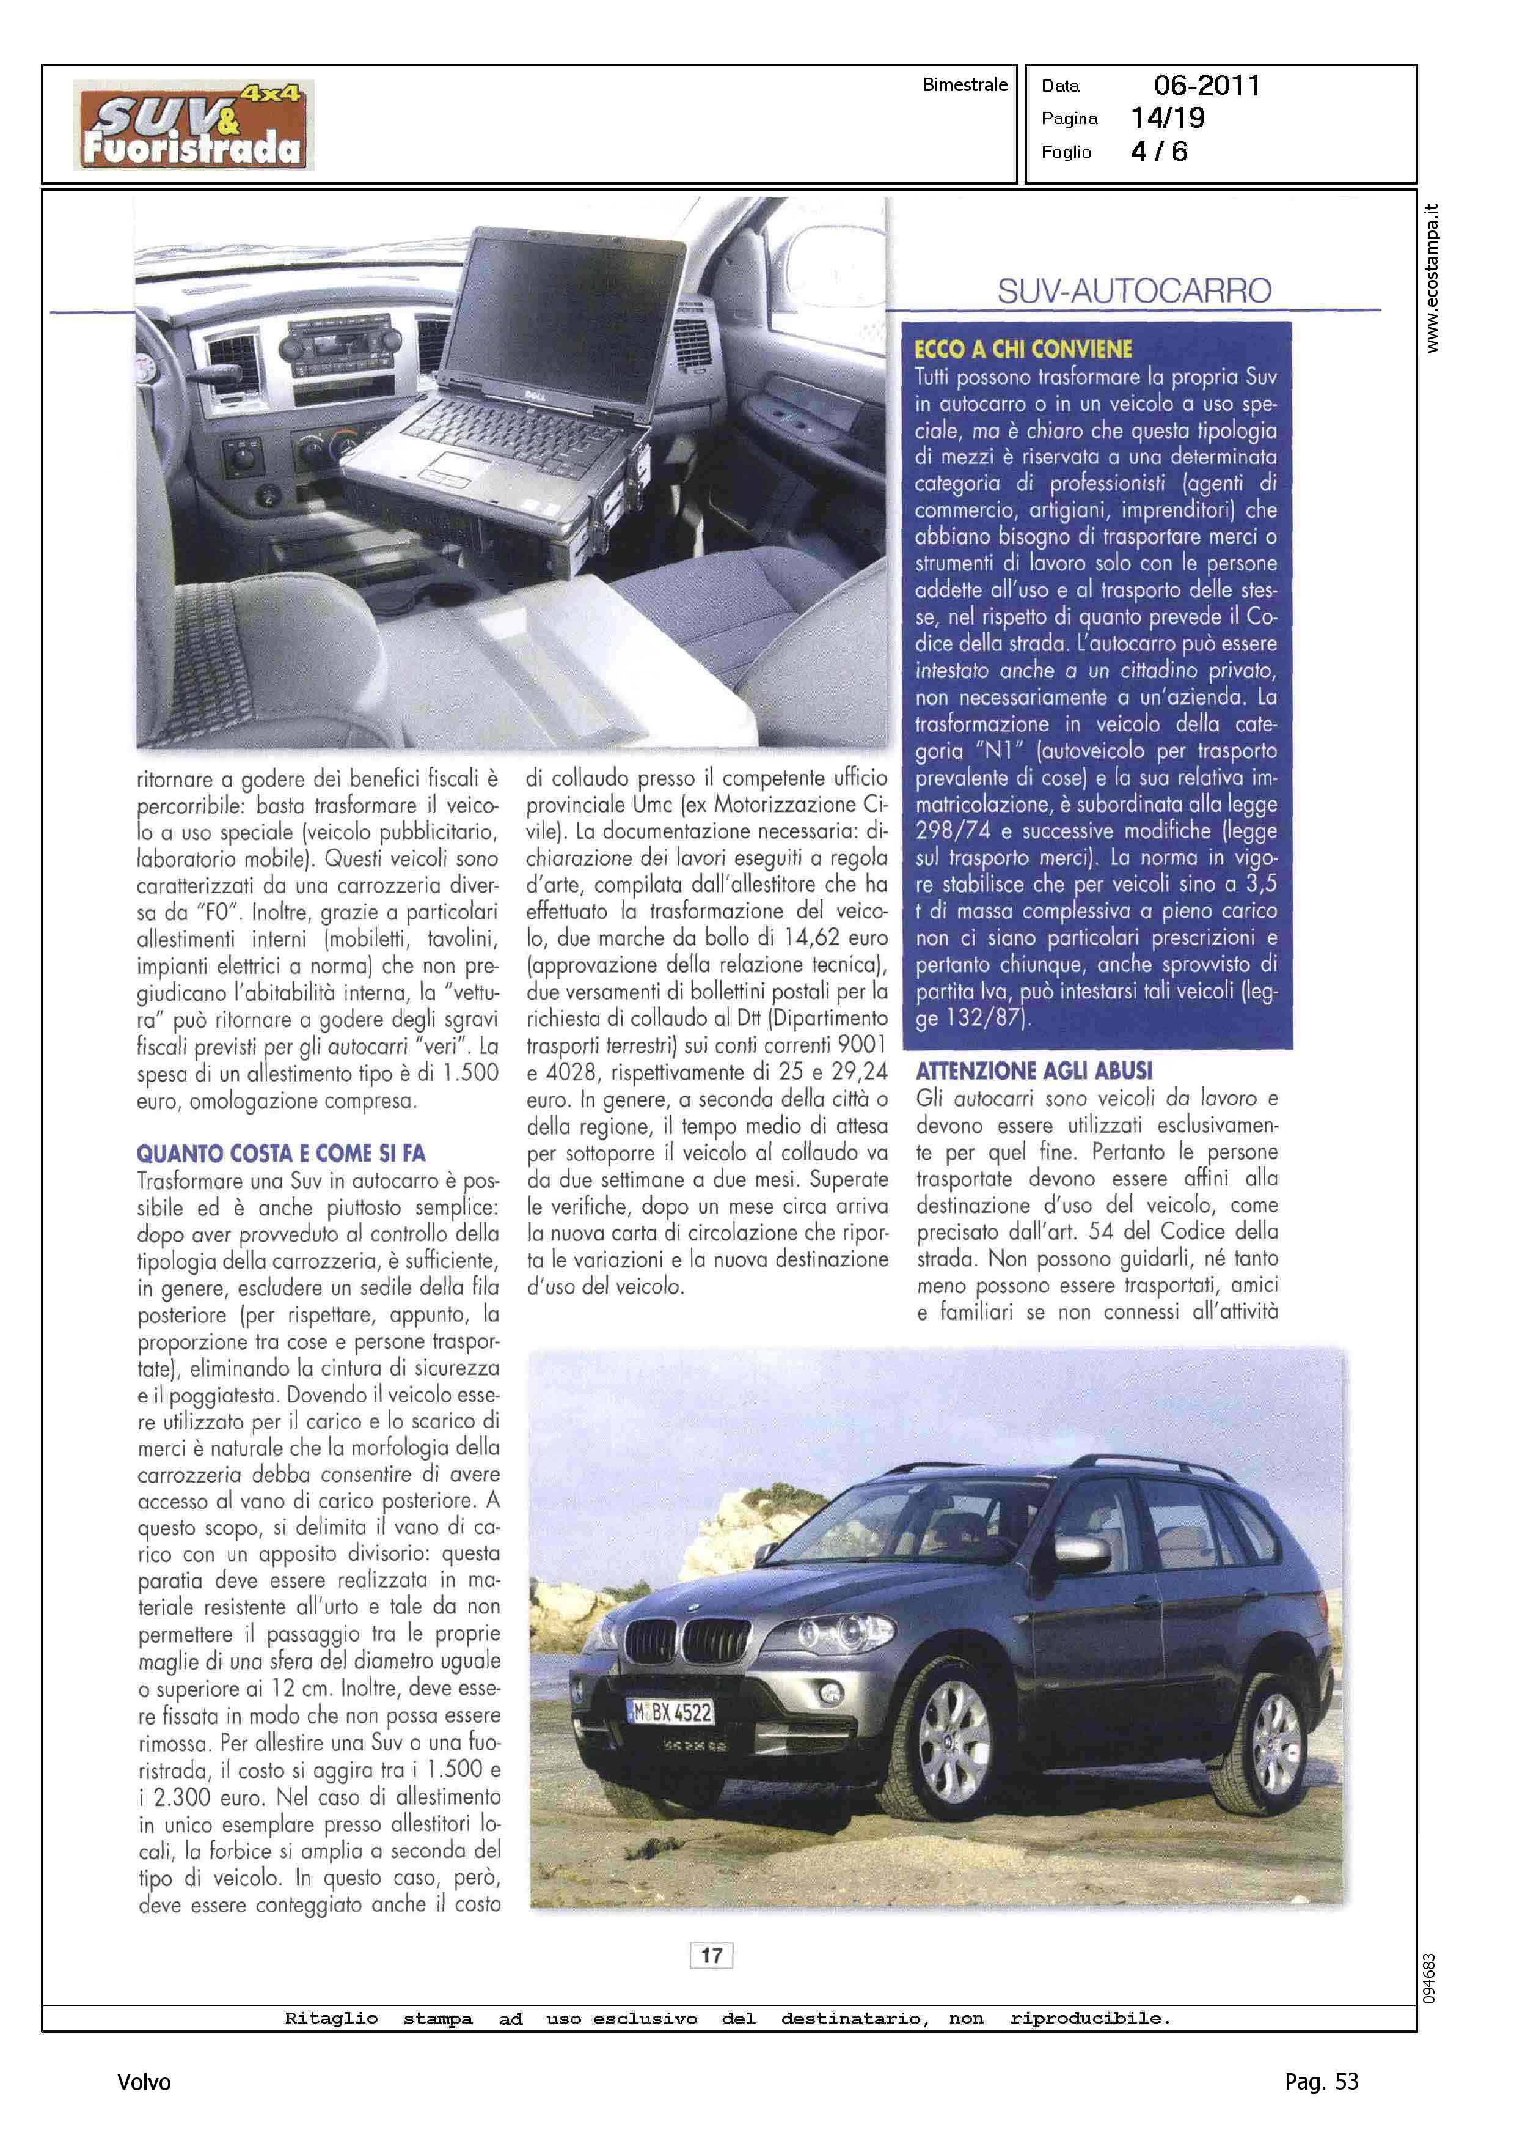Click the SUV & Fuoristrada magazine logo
click(194, 125)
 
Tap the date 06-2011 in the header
click(1207, 86)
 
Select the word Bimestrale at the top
click(964, 84)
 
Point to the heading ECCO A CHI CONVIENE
click(1023, 350)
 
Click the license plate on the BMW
click(670, 1712)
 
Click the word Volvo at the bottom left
click(144, 2082)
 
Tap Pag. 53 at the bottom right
click(1321, 2081)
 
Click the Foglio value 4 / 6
click(1159, 151)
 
